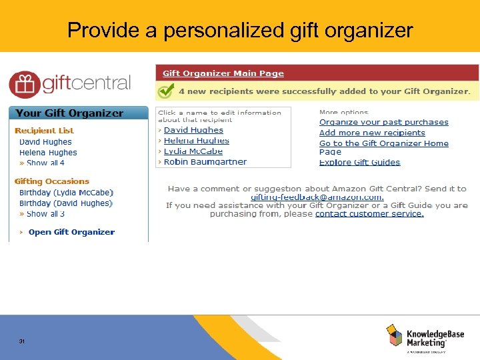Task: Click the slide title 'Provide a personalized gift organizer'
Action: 240,31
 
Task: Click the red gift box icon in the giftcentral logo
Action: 24,85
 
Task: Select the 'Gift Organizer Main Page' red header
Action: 223,73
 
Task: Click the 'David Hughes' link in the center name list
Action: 193,130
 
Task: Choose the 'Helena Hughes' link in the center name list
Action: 196,141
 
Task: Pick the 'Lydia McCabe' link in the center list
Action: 193,151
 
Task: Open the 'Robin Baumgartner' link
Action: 205,161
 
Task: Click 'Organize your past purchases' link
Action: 383,122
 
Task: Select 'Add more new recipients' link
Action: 372,133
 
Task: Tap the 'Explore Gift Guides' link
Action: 359,162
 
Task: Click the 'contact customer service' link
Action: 369,214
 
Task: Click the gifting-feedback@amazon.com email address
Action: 317,197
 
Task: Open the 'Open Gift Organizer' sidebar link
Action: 71,232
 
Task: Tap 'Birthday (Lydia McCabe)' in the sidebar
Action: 66,193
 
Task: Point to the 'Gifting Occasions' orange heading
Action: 52,181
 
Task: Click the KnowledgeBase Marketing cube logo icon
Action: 395,335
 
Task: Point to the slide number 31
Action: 22,341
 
